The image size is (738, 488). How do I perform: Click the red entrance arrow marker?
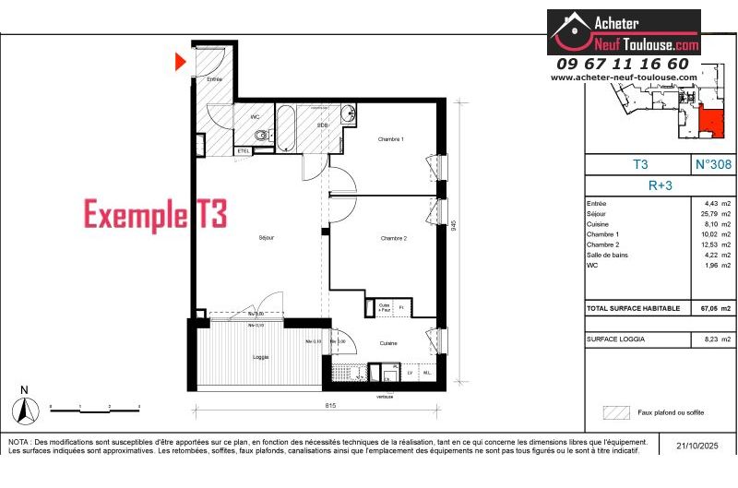(181, 62)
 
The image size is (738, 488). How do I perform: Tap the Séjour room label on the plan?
(267, 238)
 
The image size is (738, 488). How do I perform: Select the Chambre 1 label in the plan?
(391, 139)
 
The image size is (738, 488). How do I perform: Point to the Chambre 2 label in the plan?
(394, 239)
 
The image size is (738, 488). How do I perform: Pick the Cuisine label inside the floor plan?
(388, 342)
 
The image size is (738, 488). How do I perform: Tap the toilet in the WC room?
(263, 137)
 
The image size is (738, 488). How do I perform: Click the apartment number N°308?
(711, 164)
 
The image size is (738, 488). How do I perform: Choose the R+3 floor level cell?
(661, 184)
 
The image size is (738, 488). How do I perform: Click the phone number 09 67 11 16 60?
(623, 64)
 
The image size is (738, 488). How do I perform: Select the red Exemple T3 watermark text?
(155, 215)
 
